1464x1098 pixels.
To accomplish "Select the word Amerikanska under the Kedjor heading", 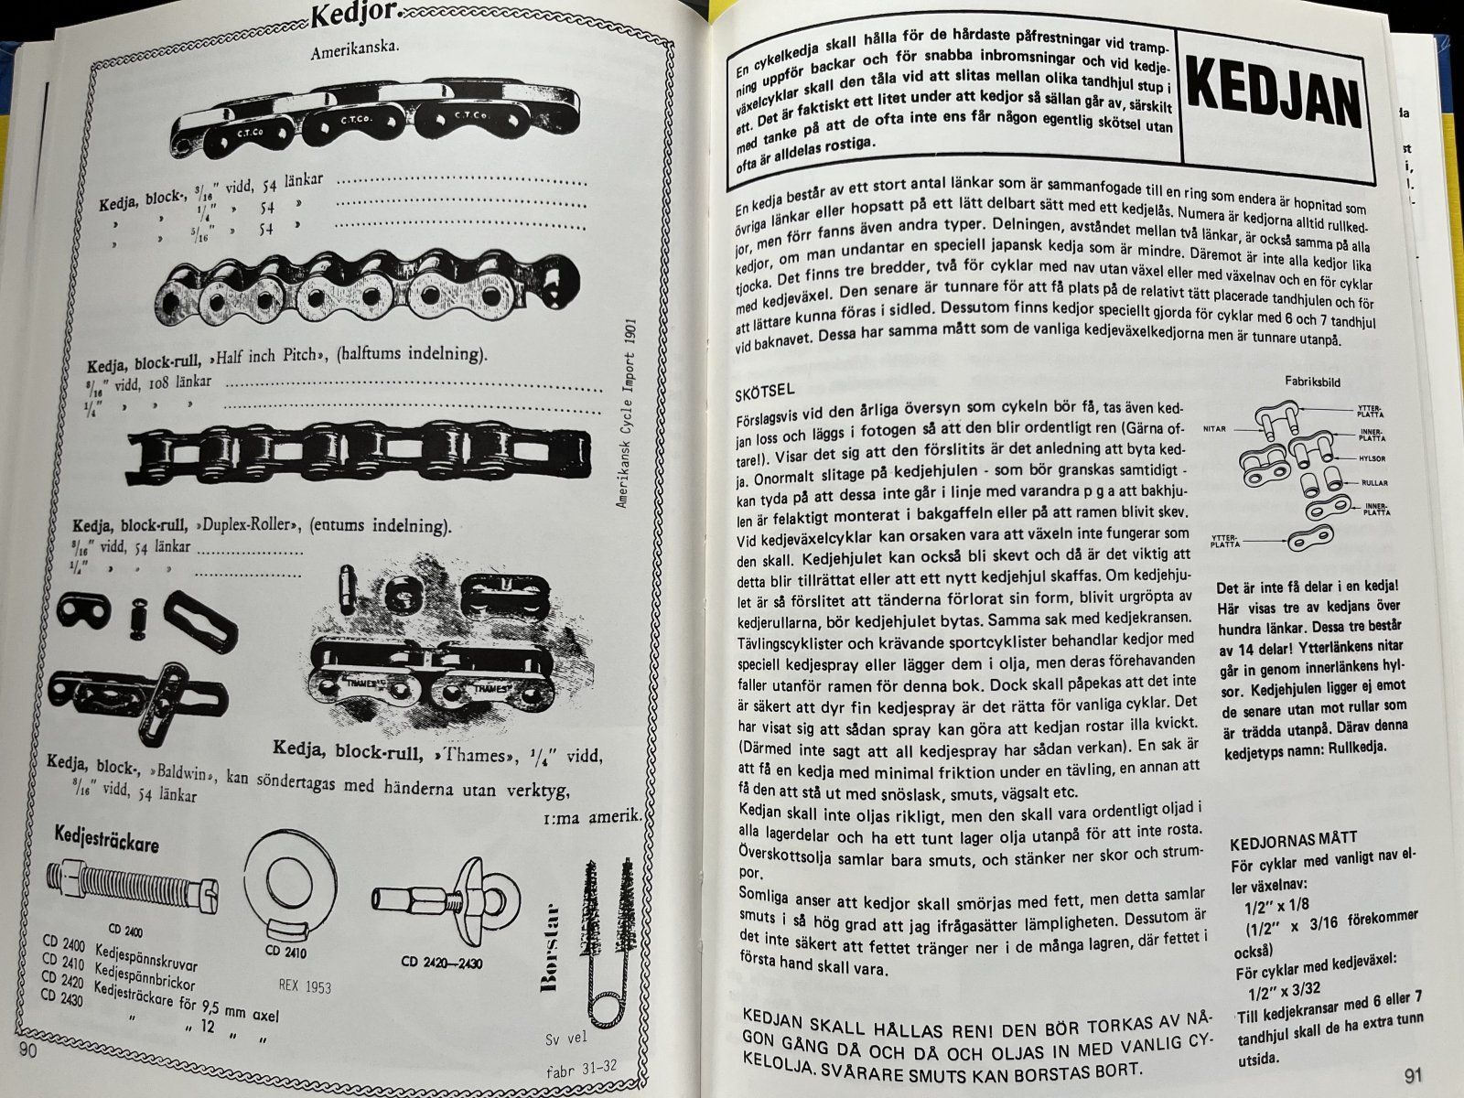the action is tap(355, 50).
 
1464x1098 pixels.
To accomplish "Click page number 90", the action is tap(28, 1050).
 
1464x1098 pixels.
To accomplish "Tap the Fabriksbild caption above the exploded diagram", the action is tap(1313, 382).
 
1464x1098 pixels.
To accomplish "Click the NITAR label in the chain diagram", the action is tap(1214, 428).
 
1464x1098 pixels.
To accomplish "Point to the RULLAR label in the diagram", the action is tap(1374, 483).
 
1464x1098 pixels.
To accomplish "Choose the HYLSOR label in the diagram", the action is tap(1372, 458).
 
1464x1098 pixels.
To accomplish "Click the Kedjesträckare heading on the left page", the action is tap(107, 838).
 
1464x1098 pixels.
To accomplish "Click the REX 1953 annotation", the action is tap(304, 985).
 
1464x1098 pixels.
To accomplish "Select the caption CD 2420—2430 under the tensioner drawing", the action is tap(442, 962).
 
